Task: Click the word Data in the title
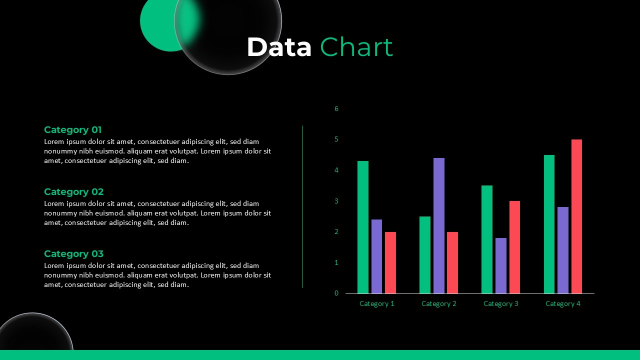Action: tap(279, 47)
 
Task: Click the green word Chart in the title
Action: tap(356, 47)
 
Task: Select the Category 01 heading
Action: tap(73, 130)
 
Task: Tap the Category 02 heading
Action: tap(73, 191)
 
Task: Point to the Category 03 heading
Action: tap(73, 253)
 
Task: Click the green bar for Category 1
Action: tap(363, 227)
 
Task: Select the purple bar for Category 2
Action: tap(439, 225)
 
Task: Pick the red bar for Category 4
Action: tap(576, 216)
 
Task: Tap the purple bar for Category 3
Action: tap(501, 265)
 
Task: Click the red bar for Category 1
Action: tap(390, 262)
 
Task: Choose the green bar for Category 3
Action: tap(487, 239)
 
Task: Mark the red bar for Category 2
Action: tap(452, 262)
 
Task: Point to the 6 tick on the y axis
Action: tap(336, 108)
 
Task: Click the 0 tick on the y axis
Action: tap(336, 293)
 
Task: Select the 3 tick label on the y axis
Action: tap(336, 201)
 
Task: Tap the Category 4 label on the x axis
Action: tap(563, 303)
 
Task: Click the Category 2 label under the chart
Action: tap(439, 303)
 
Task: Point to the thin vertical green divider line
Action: tap(302, 206)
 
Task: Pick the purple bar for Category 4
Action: tap(563, 250)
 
